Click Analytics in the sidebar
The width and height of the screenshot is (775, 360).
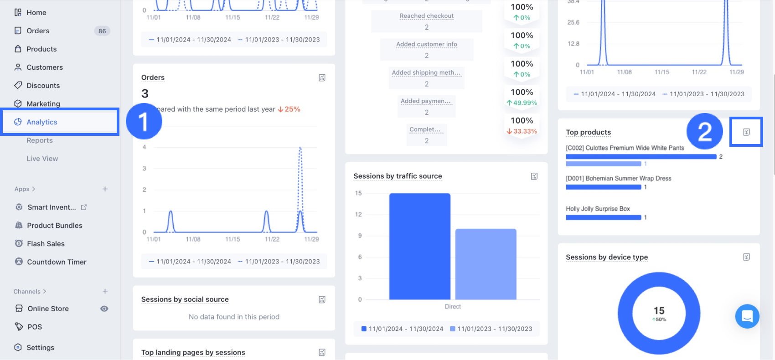point(41,122)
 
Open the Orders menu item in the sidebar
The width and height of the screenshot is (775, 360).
point(38,31)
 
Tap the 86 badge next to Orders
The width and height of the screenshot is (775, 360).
point(102,31)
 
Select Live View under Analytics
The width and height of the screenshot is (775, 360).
point(42,159)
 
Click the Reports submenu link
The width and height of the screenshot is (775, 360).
point(40,140)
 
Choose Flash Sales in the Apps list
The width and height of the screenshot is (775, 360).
point(46,244)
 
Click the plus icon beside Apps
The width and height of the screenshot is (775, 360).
point(105,189)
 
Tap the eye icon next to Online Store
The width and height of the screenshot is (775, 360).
point(104,309)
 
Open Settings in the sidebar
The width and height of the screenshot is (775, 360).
point(40,347)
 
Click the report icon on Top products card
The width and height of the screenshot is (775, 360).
point(746,132)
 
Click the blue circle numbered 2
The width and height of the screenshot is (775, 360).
point(704,132)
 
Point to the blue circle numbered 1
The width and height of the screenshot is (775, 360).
point(144,122)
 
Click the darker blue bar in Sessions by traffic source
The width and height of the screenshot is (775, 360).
point(419,246)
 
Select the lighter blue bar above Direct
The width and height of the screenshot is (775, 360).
point(486,264)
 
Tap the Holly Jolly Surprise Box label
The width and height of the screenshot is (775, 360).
point(598,209)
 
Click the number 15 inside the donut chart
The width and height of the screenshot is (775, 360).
point(659,310)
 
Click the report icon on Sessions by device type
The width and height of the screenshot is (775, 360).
point(746,257)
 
